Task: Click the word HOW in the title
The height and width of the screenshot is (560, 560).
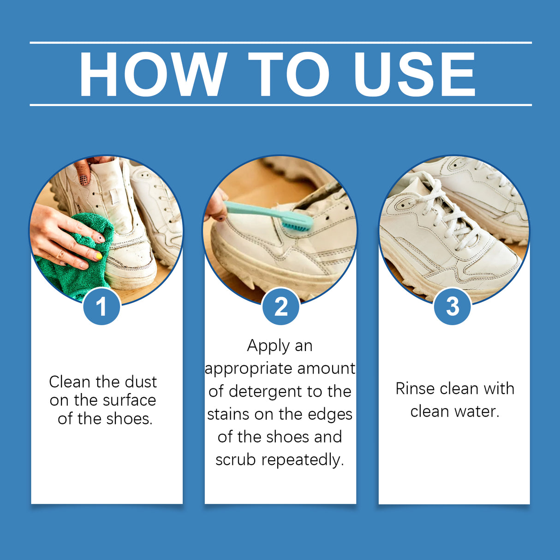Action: pyautogui.click(x=153, y=75)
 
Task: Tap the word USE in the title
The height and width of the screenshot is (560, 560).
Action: pyautogui.click(x=414, y=75)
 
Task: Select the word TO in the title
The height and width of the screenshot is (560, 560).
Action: pyautogui.click(x=288, y=75)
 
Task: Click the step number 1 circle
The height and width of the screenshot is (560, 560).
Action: pyautogui.click(x=101, y=306)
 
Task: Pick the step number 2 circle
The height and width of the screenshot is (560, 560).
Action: pyautogui.click(x=280, y=306)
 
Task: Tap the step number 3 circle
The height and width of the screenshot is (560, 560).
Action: pyautogui.click(x=453, y=306)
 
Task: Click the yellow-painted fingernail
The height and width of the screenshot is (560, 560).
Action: pyautogui.click(x=98, y=256)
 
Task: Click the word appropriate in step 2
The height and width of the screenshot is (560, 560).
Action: pyautogui.click(x=249, y=369)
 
